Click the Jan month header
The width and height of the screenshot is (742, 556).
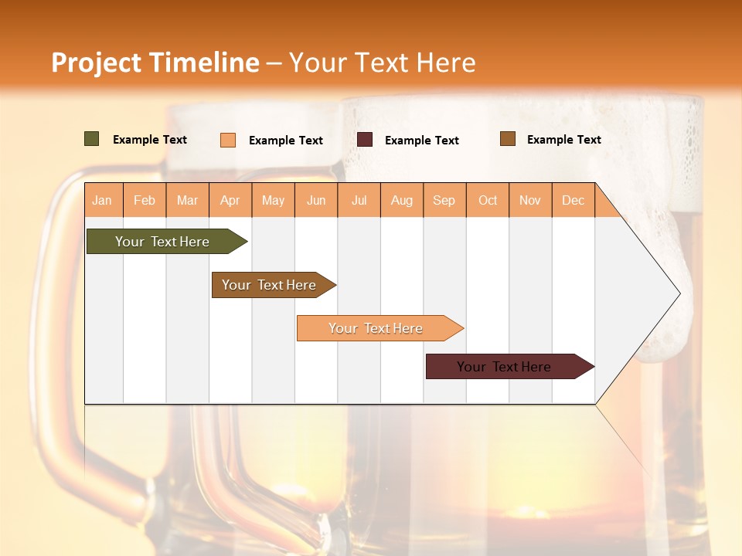click(102, 200)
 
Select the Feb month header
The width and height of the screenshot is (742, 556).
click(145, 200)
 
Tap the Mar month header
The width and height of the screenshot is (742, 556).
click(187, 200)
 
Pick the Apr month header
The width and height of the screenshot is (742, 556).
click(230, 200)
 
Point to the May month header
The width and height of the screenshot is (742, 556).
click(273, 200)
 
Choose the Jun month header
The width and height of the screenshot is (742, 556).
click(316, 200)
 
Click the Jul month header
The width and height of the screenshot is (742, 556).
click(359, 200)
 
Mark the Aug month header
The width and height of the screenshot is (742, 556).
click(401, 200)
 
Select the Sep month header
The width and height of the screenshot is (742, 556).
click(444, 200)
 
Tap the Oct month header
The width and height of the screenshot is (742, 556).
click(488, 200)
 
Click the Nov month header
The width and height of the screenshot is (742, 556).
click(530, 200)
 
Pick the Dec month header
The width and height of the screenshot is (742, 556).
click(573, 200)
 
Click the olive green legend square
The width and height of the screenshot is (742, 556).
click(92, 139)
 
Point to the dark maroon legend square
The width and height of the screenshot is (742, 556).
click(365, 139)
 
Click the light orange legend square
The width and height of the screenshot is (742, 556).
click(228, 140)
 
